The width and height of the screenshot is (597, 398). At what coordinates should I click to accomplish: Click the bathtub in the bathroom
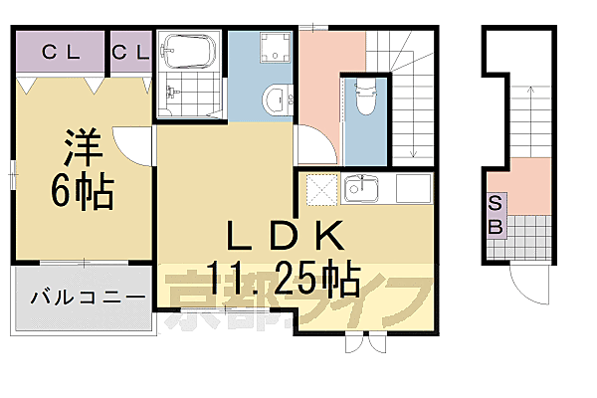pyautogui.click(x=189, y=52)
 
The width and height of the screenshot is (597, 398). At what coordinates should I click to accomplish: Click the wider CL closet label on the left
pyautogui.click(x=60, y=52)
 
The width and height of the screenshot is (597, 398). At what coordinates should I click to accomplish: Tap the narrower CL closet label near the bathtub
pyautogui.click(x=130, y=52)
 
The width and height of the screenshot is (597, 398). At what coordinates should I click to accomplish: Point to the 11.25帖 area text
pyautogui.click(x=284, y=276)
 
